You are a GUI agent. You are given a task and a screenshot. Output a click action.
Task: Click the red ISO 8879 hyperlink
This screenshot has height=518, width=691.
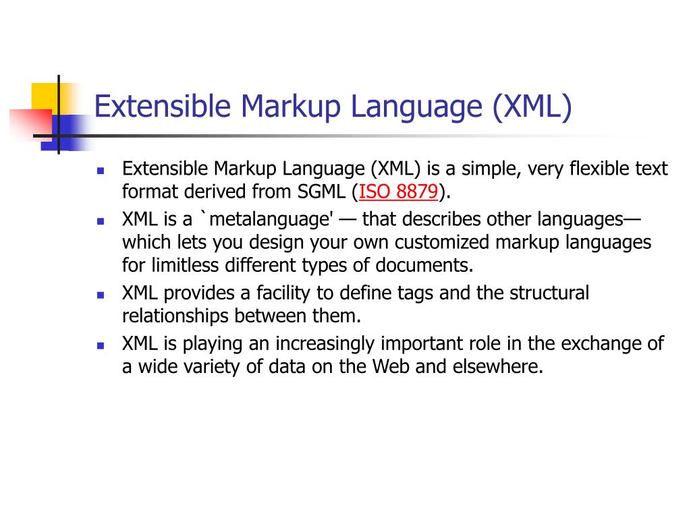click(399, 192)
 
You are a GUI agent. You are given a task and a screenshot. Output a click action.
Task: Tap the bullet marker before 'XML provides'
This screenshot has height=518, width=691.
click(100, 295)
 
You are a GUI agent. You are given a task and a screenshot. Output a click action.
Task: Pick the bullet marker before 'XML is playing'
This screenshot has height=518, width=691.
click(100, 345)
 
